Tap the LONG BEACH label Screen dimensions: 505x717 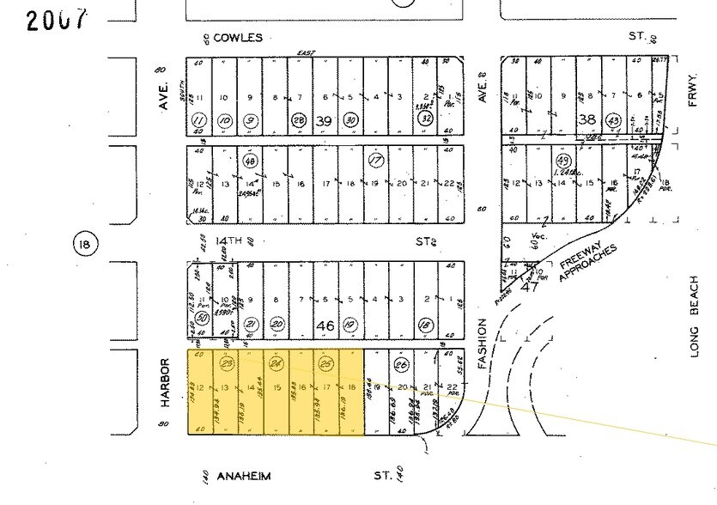693,317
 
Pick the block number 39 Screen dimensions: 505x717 323,119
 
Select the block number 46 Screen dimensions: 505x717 325,326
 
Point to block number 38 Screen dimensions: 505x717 587,119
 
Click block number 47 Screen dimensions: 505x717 531,288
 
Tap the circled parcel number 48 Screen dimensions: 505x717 251,160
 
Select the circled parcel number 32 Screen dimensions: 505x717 425,120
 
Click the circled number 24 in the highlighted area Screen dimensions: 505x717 276,364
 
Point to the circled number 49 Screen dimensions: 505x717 563,160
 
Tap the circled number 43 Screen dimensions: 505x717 613,120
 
